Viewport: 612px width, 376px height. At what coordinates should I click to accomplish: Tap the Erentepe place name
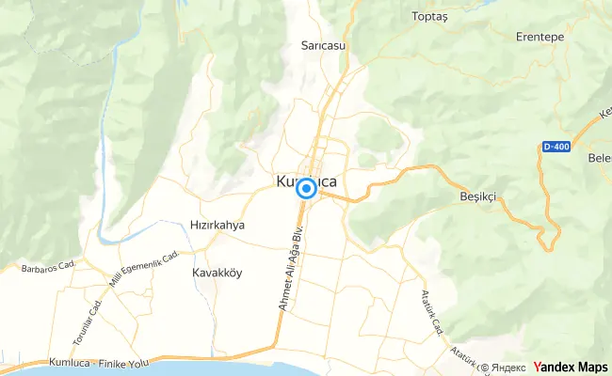click(540, 37)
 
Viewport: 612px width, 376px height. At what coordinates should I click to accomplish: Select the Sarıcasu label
click(320, 44)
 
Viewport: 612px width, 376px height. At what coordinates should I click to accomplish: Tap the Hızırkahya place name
click(217, 226)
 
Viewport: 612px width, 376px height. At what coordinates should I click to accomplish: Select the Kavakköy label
click(217, 273)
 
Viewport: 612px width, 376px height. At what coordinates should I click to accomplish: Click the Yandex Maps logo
click(571, 367)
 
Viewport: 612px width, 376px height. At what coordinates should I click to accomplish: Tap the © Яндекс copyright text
click(504, 367)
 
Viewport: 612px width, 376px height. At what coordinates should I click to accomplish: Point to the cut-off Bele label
click(599, 159)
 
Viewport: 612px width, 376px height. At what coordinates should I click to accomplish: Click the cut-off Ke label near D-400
click(604, 117)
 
